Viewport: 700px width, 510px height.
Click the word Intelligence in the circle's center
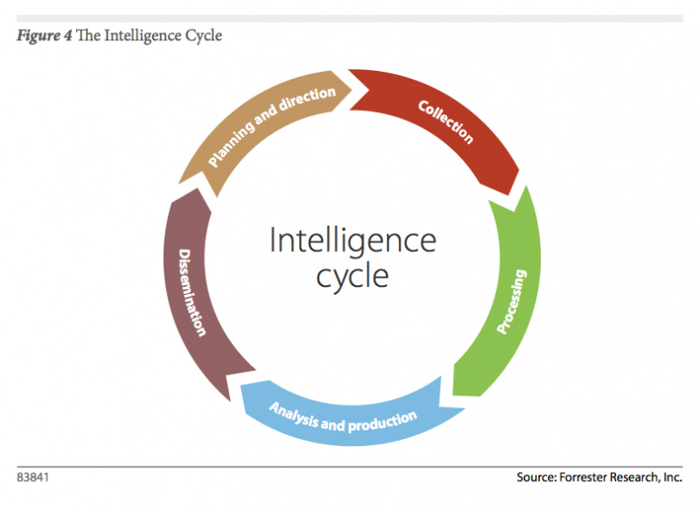point(352,241)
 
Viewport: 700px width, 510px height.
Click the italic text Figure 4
point(43,37)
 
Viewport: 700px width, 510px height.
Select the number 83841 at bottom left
point(33,478)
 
